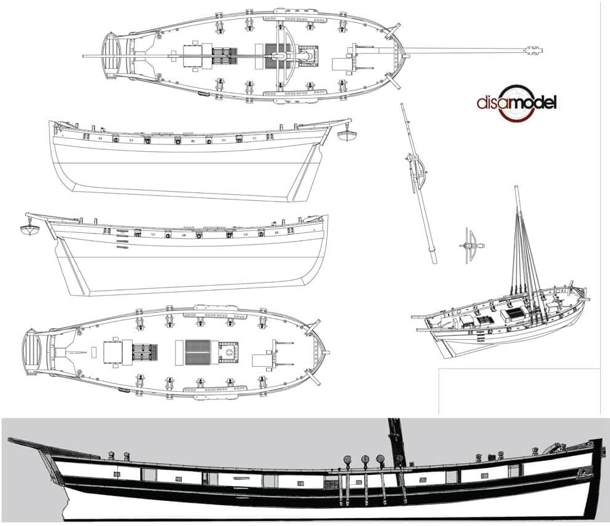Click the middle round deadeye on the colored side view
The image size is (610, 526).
[x=364, y=458]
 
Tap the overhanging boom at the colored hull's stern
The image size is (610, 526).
[x=31, y=444]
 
